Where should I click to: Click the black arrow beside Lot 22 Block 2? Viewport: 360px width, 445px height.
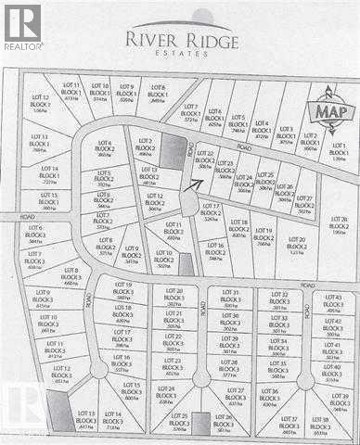[x=191, y=183]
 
